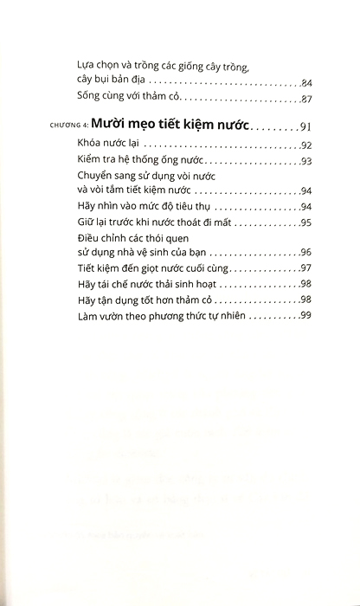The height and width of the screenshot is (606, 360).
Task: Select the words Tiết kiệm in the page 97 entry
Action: tap(119, 269)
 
